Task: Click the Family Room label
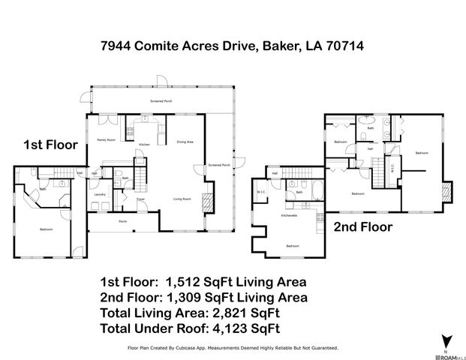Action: (x=106, y=140)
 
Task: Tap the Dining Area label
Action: (x=185, y=142)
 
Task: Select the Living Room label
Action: (x=182, y=199)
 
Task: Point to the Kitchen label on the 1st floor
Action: (x=144, y=144)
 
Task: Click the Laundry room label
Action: (x=99, y=195)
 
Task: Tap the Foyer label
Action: (x=140, y=199)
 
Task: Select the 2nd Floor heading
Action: (x=363, y=226)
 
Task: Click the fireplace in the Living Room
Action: (x=209, y=200)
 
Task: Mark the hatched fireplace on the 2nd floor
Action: (x=448, y=192)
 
